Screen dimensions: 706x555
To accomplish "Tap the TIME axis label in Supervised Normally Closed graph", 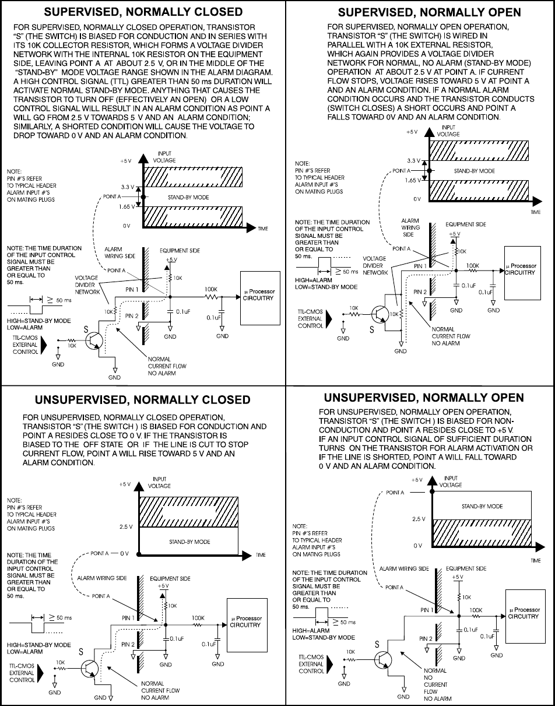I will [x=262, y=229].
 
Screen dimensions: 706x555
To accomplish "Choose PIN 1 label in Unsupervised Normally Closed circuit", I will [x=129, y=617].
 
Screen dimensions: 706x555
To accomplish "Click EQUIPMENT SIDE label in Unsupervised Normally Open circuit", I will [x=466, y=568].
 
